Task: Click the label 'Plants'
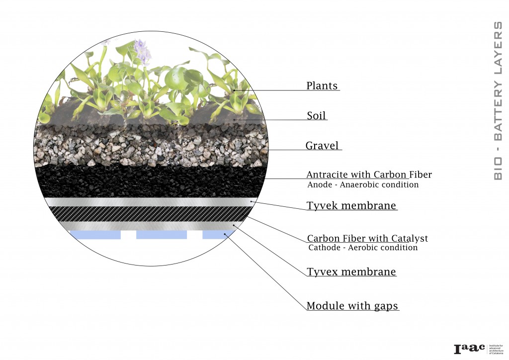point(322,86)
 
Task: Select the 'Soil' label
point(317,116)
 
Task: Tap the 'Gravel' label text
point(322,146)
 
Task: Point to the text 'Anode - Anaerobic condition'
point(363,185)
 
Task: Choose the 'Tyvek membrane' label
point(351,205)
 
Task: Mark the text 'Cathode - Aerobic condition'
point(363,248)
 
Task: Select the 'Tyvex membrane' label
point(351,272)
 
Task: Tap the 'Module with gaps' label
point(352,306)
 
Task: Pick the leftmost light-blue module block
point(95,234)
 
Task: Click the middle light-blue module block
point(162,234)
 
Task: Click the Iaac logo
point(469,349)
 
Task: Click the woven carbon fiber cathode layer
point(149,214)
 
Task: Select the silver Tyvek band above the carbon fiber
point(149,202)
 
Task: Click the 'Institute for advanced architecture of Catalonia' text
point(498,349)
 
